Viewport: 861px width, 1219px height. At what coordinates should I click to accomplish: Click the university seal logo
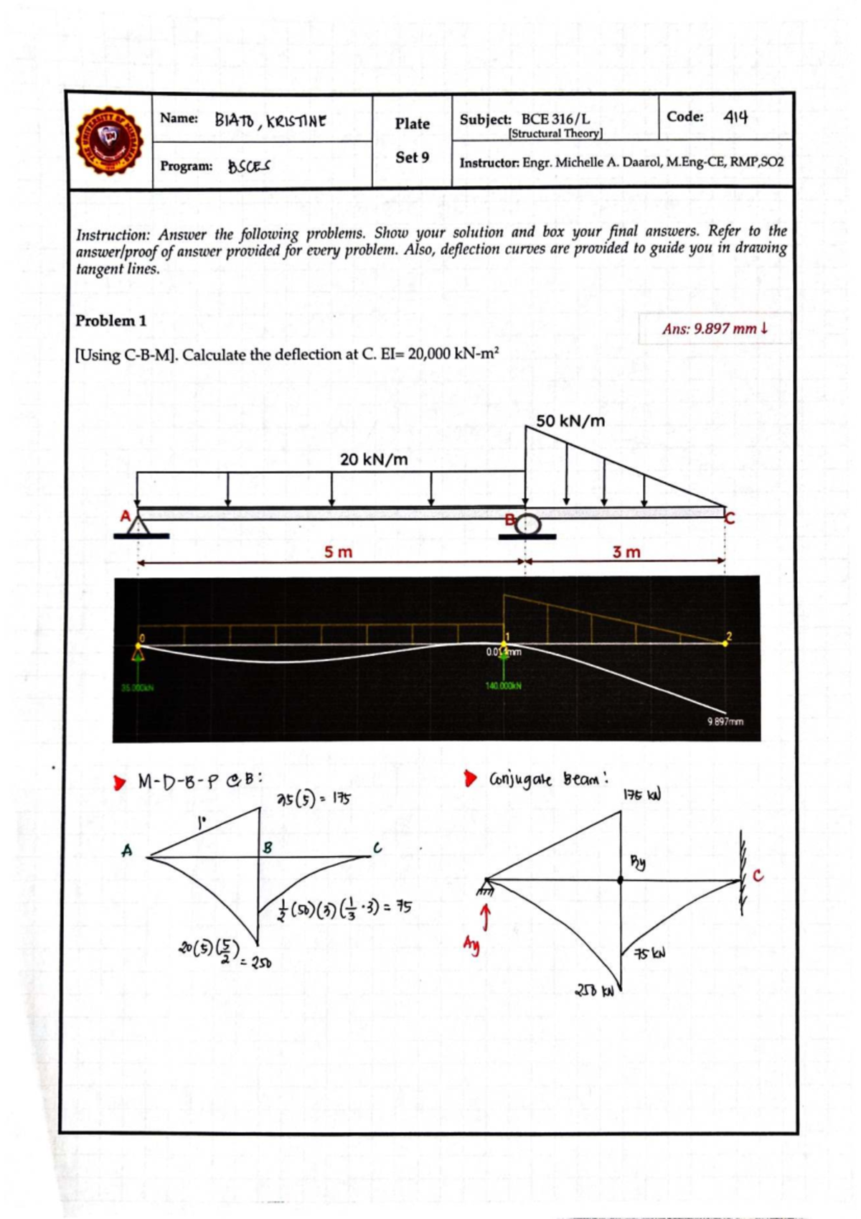tap(110, 141)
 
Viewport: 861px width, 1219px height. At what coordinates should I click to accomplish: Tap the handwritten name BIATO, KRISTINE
tap(270, 121)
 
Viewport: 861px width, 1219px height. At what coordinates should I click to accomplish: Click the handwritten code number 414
tap(735, 116)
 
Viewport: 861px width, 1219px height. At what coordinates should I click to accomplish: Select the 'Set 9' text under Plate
tap(412, 157)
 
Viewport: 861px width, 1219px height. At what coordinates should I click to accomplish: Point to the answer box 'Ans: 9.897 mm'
tap(715, 329)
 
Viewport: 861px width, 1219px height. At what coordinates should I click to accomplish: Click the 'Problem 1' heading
tap(111, 321)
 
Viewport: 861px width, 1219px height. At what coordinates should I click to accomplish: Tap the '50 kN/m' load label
tap(570, 421)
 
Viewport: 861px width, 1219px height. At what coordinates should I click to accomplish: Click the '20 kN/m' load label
tap(374, 459)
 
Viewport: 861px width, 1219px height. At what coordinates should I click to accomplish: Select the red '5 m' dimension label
tap(338, 552)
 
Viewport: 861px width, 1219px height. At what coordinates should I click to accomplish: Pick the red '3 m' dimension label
tap(626, 552)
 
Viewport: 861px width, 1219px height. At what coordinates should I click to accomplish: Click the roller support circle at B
tap(528, 524)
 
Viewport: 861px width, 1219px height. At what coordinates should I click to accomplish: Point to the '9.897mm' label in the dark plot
tap(725, 721)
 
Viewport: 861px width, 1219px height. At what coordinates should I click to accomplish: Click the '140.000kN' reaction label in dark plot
tap(504, 686)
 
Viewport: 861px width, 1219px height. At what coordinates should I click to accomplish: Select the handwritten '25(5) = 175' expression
tap(314, 798)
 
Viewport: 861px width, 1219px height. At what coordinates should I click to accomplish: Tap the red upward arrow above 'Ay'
tap(486, 917)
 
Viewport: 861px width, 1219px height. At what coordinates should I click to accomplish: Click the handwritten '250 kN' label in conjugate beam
tap(595, 992)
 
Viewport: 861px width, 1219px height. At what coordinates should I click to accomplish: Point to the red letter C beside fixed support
tap(758, 876)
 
